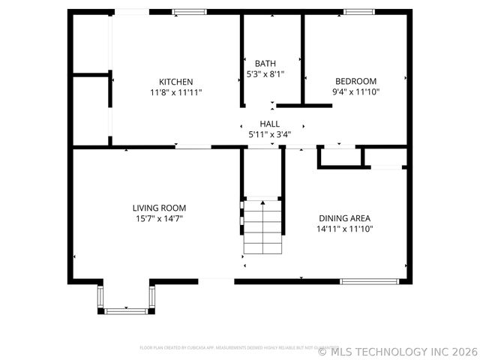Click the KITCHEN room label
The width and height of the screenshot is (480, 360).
pyautogui.click(x=176, y=82)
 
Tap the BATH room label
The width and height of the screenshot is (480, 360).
pyautogui.click(x=265, y=64)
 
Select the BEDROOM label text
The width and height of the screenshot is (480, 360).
pyautogui.click(x=355, y=82)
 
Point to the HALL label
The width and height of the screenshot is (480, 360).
pyautogui.click(x=270, y=124)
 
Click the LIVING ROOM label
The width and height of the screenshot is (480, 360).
pyautogui.click(x=159, y=208)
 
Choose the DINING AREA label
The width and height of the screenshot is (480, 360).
pyautogui.click(x=345, y=218)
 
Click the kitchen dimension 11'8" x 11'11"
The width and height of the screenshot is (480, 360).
pyautogui.click(x=176, y=92)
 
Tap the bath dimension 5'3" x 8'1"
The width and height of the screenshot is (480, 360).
pyautogui.click(x=265, y=74)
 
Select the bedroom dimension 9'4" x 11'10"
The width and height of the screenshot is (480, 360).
pyautogui.click(x=355, y=92)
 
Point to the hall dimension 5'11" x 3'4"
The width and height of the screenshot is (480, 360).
pyautogui.click(x=270, y=135)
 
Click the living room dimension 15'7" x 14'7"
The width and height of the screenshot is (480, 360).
pyautogui.click(x=159, y=218)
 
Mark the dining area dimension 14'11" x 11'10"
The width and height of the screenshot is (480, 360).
pyautogui.click(x=345, y=229)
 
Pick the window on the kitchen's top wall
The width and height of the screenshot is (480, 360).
pyautogui.click(x=190, y=12)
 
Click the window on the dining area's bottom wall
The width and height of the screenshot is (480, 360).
pyautogui.click(x=370, y=281)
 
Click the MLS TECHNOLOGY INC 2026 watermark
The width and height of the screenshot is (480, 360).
pyautogui.click(x=397, y=351)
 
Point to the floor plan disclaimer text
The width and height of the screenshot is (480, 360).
pyautogui.click(x=225, y=347)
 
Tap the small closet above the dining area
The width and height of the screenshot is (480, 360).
pyautogui.click(x=340, y=157)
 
